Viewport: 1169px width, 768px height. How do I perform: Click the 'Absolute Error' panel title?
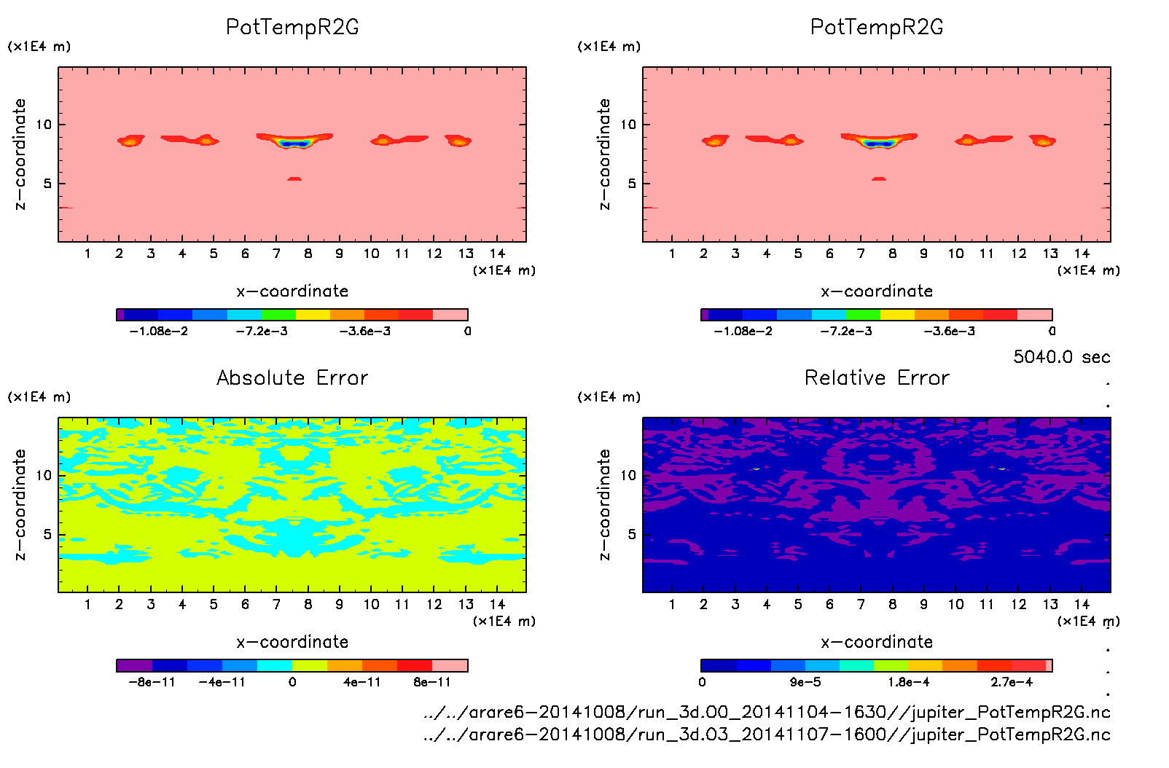click(x=292, y=377)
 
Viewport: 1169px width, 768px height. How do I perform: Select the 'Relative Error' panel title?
click(x=877, y=377)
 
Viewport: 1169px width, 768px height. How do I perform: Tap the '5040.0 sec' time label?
click(x=1061, y=357)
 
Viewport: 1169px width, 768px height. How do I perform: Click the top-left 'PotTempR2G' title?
click(x=292, y=27)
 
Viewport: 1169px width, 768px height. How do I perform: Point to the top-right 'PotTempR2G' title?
click(x=877, y=27)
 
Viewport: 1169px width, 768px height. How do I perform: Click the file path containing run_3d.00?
click(x=767, y=712)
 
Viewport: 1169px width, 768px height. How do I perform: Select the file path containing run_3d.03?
click(x=767, y=734)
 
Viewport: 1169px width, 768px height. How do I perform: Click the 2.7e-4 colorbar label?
click(x=1011, y=682)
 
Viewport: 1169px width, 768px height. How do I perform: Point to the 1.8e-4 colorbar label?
click(x=908, y=682)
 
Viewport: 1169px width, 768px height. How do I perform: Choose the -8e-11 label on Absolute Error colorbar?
click(x=152, y=682)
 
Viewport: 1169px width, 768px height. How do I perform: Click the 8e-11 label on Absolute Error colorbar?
click(x=432, y=682)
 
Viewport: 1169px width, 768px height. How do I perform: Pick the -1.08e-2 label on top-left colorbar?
click(x=158, y=331)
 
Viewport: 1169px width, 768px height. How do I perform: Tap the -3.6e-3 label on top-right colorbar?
click(x=949, y=331)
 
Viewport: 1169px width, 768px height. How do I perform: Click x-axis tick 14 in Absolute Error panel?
click(x=497, y=604)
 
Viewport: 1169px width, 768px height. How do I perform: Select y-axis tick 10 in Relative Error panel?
click(x=627, y=475)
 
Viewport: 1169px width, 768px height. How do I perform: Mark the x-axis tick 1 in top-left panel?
click(x=87, y=254)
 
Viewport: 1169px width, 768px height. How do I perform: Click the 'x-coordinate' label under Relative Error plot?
click(x=877, y=642)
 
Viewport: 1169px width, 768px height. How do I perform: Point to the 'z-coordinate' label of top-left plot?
click(x=20, y=154)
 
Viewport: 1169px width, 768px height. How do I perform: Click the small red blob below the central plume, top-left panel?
click(x=294, y=179)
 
